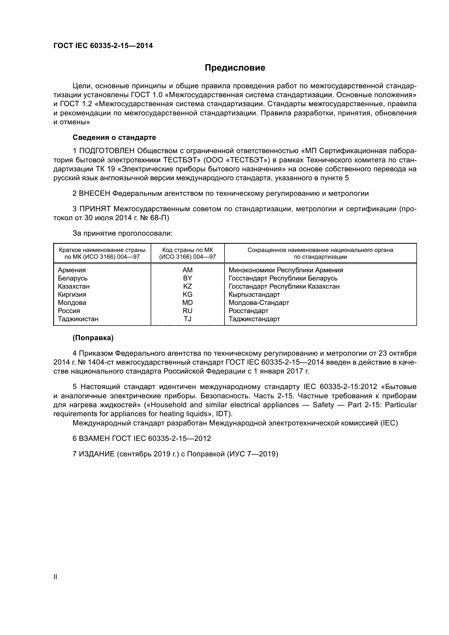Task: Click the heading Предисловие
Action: coord(235,68)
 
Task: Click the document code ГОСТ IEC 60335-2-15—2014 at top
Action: coord(103,46)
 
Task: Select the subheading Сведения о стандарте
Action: coord(114,137)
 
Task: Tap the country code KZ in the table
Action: coord(187,286)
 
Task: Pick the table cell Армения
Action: coord(72,270)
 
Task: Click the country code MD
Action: coord(187,302)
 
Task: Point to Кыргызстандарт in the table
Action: coord(254,295)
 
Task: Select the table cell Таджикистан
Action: coord(78,319)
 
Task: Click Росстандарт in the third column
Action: coord(248,311)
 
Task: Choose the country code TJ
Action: coord(187,319)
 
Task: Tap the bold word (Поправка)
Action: coord(93,338)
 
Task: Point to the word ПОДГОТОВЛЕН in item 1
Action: coord(107,151)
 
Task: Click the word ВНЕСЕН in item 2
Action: coord(94,193)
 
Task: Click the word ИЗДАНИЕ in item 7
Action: coord(97,454)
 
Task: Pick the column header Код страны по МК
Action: coord(188,250)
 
